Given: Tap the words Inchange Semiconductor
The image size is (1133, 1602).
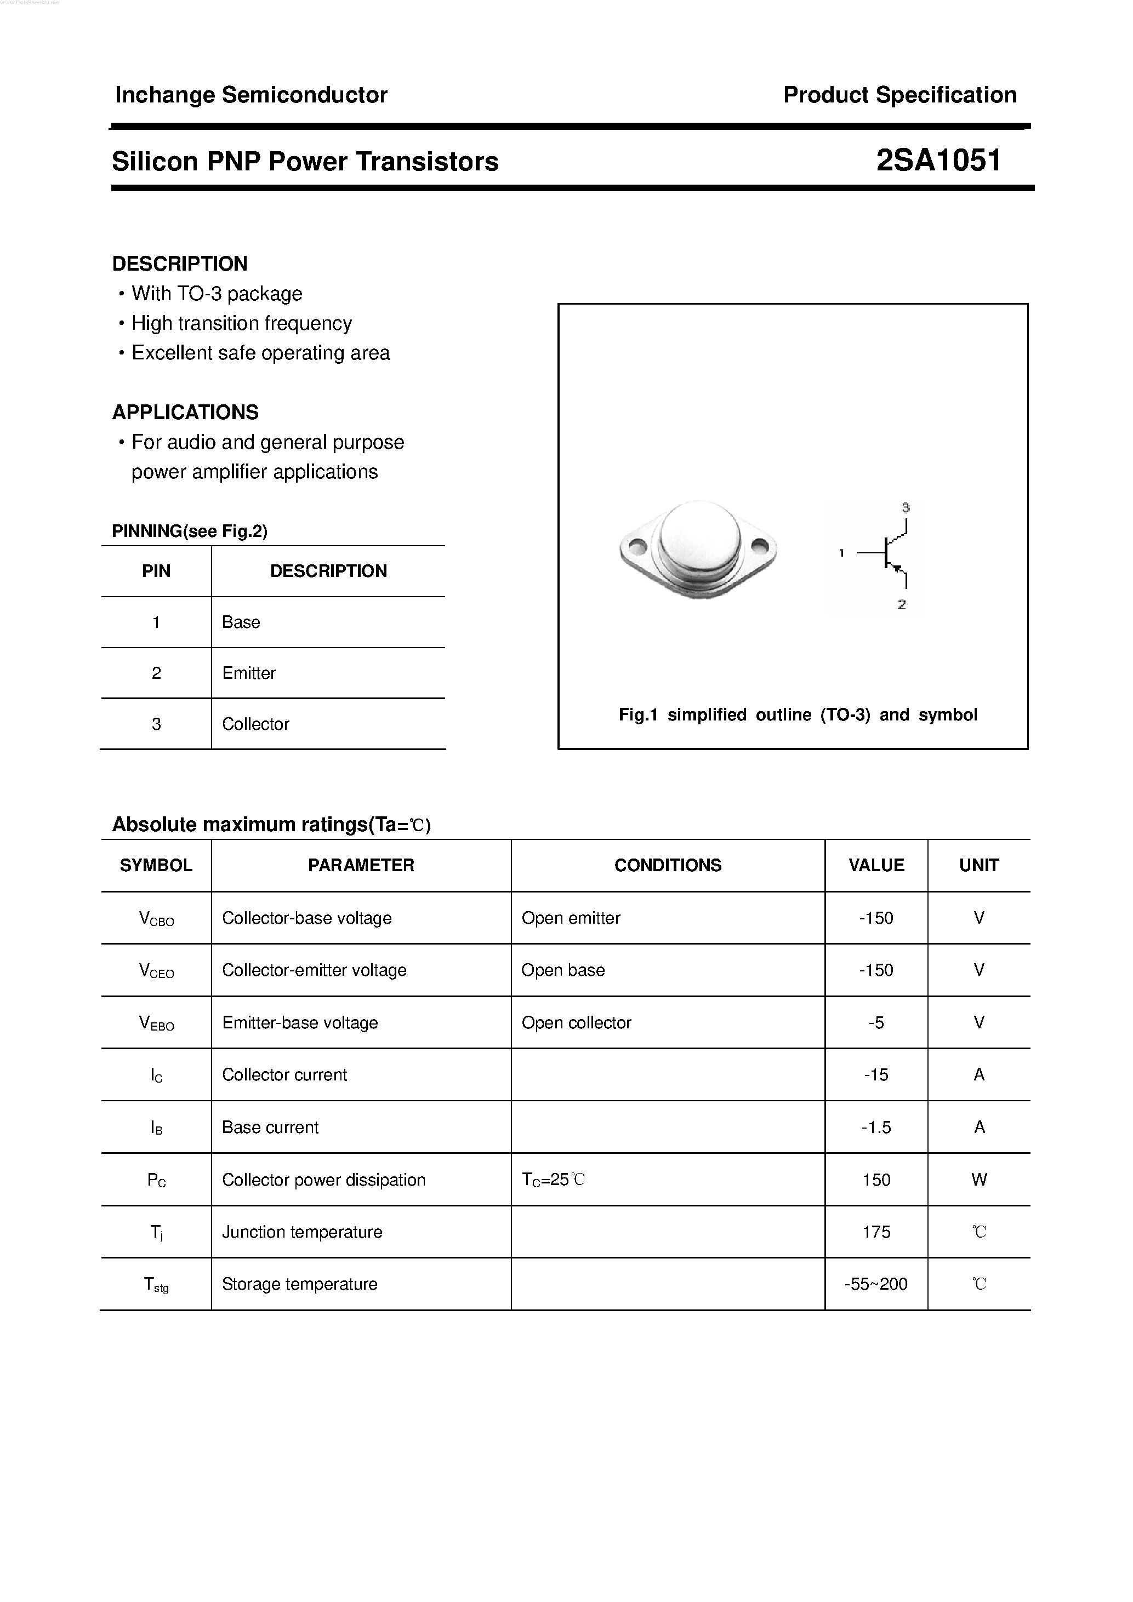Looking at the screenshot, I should (x=250, y=95).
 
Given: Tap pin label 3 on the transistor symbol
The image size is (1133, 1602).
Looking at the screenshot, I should (x=906, y=507).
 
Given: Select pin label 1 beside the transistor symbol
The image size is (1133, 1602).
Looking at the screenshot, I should (x=842, y=553).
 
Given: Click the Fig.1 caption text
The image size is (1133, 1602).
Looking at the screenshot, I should (x=797, y=714).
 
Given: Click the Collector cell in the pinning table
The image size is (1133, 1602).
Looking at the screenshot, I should (x=255, y=724).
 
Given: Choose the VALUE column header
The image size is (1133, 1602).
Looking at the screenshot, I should (x=876, y=865).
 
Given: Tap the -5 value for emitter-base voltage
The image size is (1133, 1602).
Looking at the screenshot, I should (x=876, y=1023).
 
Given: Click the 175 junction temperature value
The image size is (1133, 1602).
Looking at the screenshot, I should (x=876, y=1232).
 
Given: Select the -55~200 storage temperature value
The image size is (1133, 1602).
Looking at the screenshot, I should (x=876, y=1285).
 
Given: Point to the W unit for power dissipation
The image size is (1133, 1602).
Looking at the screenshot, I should (x=979, y=1180).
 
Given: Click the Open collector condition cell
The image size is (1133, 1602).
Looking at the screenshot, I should (x=576, y=1023).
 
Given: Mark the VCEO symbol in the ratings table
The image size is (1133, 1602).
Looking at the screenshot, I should (x=156, y=970).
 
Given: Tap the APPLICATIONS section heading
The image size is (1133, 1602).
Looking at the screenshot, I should (x=185, y=413).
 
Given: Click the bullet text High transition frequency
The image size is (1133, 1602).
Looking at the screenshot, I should (x=242, y=324).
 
